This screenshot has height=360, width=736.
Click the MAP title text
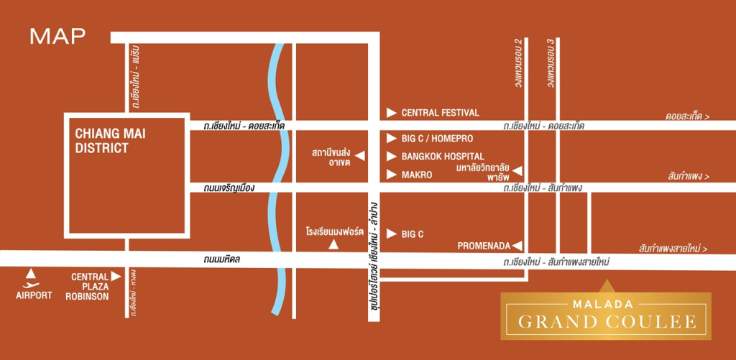point(57,36)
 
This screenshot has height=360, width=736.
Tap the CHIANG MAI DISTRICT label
point(102,141)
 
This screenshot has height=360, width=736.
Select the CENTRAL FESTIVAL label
point(440,113)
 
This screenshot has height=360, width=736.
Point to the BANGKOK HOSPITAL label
point(443,156)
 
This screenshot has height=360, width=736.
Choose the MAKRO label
point(417,174)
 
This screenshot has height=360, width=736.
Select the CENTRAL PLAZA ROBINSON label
point(90,286)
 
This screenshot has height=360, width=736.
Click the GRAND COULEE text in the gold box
point(605,321)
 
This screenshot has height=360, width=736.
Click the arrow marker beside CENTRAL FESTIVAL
point(391,113)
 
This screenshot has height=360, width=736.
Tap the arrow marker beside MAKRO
point(391,174)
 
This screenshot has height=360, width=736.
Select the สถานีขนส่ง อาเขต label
point(330,158)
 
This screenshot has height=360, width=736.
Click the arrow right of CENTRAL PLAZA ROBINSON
point(116,276)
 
